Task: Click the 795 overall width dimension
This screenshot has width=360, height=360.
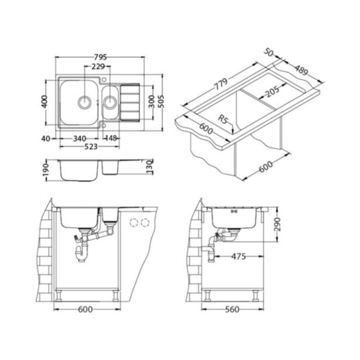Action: pos(100,57)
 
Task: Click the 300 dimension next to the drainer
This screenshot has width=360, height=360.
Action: pos(152,101)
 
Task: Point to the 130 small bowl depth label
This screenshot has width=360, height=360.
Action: pos(150,168)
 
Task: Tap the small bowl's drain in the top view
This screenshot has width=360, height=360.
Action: pos(109,103)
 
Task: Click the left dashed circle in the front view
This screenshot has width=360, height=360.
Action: pos(132,222)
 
